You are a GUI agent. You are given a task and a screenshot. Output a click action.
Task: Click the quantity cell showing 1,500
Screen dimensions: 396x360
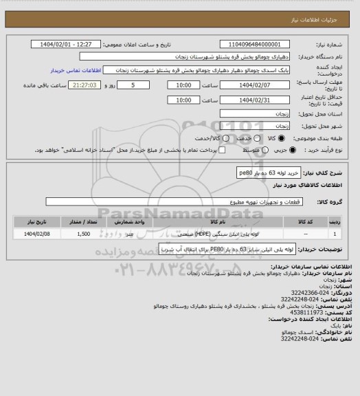pyautogui.click(x=84, y=234)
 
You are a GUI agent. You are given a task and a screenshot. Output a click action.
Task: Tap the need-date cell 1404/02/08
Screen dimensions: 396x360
pyautogui.click(x=38, y=234)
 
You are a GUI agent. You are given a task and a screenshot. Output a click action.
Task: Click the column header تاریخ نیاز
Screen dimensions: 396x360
pyautogui.click(x=38, y=221)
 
